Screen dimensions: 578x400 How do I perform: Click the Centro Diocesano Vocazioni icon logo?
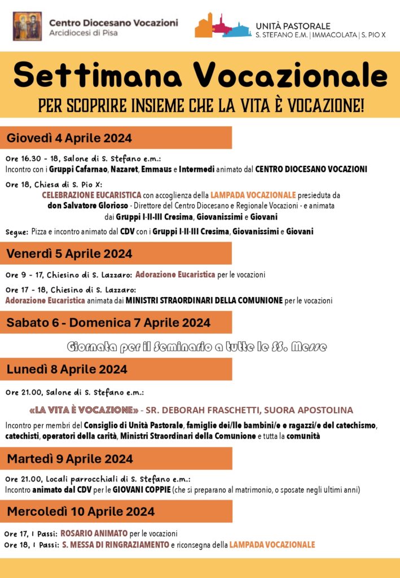click(27, 26)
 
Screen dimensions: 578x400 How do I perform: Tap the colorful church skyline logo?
click(223, 25)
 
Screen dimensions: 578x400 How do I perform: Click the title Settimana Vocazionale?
click(200, 76)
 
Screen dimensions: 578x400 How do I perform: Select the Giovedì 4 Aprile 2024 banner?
click(116, 138)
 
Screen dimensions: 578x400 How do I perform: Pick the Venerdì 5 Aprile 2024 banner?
click(116, 253)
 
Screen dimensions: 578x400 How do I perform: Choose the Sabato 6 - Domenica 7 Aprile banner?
click(116, 322)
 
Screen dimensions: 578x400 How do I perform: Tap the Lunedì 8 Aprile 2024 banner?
click(116, 369)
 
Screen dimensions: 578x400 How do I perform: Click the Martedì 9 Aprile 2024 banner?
click(116, 458)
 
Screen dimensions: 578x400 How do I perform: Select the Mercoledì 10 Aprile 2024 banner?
click(116, 511)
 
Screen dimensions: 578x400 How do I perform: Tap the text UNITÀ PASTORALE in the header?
click(293, 26)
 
